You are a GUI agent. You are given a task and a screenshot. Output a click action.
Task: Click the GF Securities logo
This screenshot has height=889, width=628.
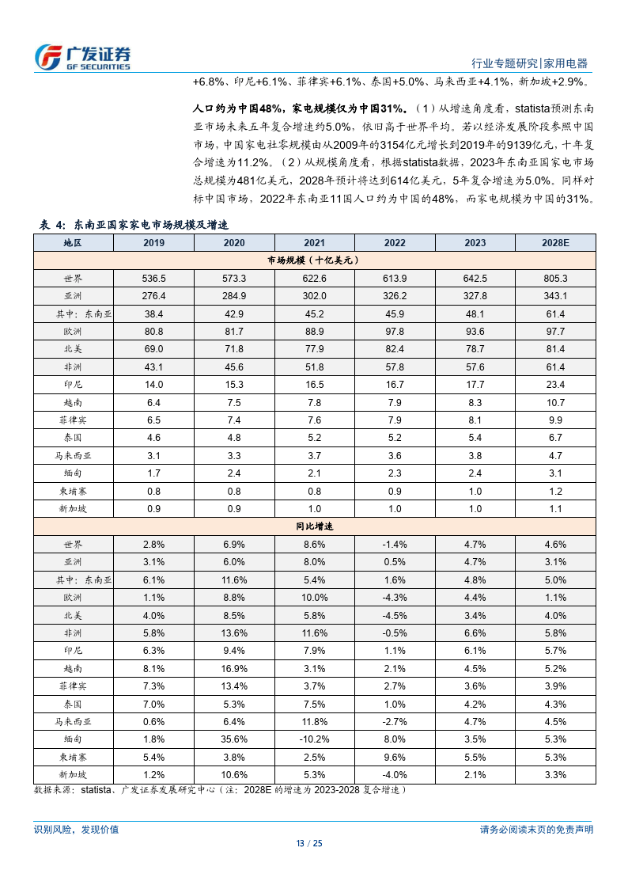click(82, 57)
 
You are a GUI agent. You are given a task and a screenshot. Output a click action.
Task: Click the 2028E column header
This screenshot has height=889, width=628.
click(555, 243)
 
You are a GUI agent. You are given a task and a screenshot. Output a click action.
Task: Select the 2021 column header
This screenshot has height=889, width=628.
click(314, 243)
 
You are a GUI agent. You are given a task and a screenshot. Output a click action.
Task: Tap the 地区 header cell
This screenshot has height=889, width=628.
click(73, 243)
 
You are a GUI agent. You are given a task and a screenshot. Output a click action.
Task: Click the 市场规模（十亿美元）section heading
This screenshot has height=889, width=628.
click(314, 260)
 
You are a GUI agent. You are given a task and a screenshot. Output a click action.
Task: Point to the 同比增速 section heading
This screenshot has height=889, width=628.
click(314, 526)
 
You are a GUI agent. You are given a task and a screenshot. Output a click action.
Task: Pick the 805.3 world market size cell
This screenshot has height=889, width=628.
click(555, 278)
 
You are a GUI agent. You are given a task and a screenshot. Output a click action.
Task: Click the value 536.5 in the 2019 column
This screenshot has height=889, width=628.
click(154, 278)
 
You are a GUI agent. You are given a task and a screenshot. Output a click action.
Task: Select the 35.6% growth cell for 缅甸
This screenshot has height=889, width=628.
click(234, 739)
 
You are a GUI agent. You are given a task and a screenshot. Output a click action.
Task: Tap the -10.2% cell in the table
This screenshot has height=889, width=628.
click(314, 739)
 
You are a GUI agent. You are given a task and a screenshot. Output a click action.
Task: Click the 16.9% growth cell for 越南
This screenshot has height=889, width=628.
click(234, 668)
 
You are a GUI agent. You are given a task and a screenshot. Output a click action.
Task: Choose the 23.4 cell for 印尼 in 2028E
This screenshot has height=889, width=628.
click(555, 385)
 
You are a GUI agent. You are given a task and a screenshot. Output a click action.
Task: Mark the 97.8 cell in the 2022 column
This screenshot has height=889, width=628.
click(395, 331)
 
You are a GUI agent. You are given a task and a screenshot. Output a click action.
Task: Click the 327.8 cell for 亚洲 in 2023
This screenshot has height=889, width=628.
click(475, 296)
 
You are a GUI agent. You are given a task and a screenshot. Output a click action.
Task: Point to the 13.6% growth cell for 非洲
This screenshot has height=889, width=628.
click(234, 633)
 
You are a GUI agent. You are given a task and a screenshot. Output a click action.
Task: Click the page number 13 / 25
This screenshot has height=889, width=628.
click(314, 843)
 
